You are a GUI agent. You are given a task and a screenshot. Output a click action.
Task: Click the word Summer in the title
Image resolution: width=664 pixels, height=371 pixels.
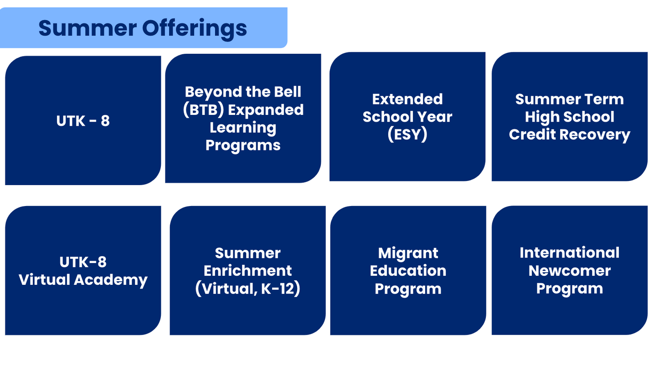[88, 28]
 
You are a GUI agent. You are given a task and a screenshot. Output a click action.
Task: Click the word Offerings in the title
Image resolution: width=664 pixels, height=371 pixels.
[195, 29]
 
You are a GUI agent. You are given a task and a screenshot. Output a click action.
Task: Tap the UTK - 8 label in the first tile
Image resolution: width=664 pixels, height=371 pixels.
[83, 121]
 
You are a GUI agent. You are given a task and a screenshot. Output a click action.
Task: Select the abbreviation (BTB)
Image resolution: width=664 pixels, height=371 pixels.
[203, 110]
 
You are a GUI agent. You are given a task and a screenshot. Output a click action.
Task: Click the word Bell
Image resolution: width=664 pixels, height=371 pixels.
[287, 92]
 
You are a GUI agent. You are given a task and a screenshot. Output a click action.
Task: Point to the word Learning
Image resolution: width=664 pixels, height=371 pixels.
[243, 128]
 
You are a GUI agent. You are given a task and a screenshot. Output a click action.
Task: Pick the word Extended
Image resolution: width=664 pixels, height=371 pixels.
[407, 99]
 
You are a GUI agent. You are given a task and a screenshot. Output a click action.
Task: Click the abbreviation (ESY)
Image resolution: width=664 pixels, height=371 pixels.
[407, 134]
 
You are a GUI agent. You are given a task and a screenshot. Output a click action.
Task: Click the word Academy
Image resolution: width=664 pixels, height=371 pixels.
[111, 280]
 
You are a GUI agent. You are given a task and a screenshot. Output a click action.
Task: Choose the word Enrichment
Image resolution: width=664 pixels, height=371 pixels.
[247, 270]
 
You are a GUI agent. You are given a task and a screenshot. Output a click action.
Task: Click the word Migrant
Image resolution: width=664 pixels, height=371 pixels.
[408, 253]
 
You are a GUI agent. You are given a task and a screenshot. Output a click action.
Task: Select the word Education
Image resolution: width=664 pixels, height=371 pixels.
[408, 270]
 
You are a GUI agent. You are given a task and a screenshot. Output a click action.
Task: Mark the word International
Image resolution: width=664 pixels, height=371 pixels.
[570, 252]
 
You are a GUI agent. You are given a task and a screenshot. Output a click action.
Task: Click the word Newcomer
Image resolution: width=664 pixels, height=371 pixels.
[570, 270]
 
